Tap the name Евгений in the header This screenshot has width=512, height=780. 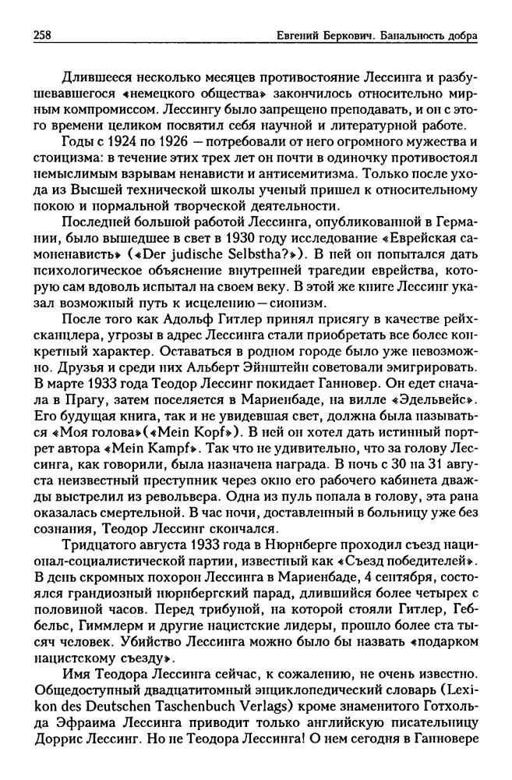pos(300,36)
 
